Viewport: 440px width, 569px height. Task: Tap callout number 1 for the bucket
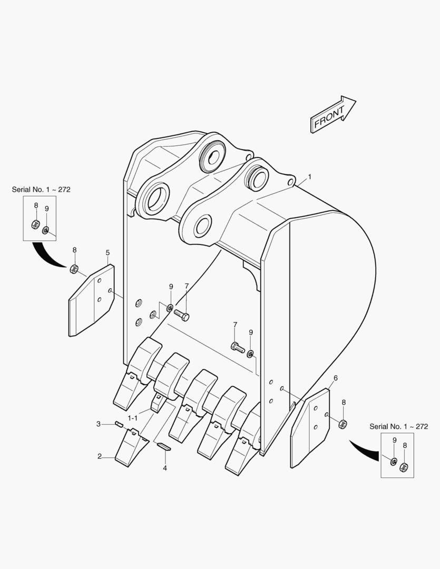coord(310,176)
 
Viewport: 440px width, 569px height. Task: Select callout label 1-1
coord(132,418)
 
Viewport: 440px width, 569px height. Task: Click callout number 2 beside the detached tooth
coord(100,456)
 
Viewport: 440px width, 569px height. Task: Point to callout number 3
coord(99,424)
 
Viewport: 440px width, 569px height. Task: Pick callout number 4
coord(165,468)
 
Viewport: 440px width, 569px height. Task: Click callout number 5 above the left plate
coord(107,252)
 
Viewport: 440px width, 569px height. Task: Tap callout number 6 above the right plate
coord(336,378)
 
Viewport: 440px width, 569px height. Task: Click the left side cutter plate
coord(92,300)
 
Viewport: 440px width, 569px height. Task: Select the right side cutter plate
coord(310,428)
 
